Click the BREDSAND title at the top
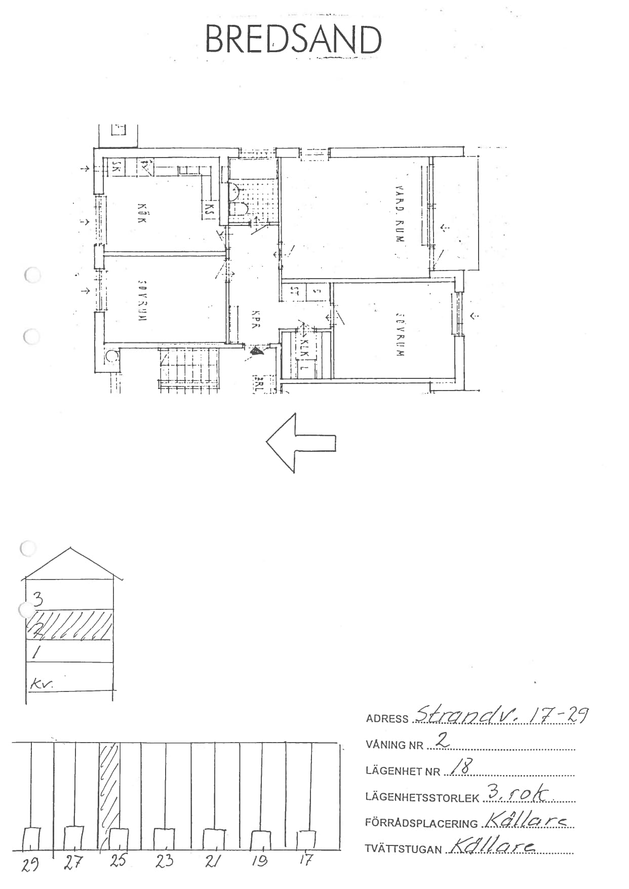[x=293, y=40]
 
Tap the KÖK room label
[x=142, y=213]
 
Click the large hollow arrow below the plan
[x=301, y=443]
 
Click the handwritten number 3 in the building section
[x=37, y=599]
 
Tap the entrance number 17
[x=306, y=859]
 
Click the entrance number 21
[x=213, y=861]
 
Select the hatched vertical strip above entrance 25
[x=109, y=785]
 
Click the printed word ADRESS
[x=387, y=719]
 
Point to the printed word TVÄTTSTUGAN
[x=403, y=849]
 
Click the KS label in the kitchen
[x=208, y=209]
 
